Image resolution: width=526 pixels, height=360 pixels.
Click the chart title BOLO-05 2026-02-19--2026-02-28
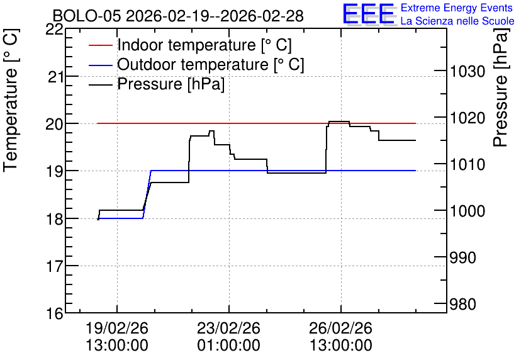178,16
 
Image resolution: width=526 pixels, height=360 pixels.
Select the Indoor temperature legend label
204,45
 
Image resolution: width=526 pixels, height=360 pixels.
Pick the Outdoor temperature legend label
211,64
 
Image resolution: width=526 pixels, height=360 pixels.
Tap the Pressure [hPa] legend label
171,84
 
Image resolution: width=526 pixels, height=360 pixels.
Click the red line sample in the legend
100,45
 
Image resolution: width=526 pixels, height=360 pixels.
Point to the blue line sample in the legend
100,65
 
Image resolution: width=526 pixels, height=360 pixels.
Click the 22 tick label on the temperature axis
54,30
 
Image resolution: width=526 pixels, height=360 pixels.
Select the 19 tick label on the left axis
54,171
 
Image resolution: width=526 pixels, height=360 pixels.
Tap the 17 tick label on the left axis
54,266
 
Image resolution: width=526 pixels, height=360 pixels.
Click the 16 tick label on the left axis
54,313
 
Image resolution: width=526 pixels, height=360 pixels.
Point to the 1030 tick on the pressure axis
467,72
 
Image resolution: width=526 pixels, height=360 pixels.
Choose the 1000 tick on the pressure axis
467,211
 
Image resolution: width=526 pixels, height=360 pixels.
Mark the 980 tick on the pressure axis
463,305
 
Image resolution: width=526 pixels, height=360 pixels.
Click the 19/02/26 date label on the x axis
117,328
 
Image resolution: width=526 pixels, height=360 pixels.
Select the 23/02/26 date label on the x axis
229,328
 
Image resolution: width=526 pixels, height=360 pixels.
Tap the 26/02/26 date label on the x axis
341,328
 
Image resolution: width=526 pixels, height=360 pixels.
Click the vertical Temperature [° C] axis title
11,101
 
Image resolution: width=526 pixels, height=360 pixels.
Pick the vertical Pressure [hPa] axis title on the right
500,87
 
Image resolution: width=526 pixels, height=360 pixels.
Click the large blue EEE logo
369,14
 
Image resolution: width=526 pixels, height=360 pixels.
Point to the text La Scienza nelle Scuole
457,21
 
